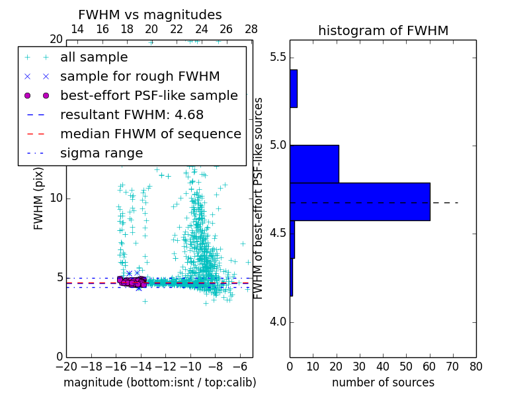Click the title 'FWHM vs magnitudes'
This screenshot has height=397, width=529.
150,15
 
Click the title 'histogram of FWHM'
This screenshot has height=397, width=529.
383,31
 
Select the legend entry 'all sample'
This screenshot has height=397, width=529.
94,58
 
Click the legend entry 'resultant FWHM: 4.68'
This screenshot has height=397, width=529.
132,115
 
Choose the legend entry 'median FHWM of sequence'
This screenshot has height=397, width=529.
150,134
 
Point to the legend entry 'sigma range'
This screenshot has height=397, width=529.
101,154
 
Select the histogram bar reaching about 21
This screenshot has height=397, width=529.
314,163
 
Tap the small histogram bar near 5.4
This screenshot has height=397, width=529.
294,88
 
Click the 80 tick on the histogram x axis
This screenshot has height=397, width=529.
475,366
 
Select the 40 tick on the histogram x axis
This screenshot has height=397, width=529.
383,366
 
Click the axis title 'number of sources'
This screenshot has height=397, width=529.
383,382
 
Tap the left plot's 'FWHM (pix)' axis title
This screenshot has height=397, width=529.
39,198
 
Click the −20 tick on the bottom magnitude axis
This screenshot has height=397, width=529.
66,366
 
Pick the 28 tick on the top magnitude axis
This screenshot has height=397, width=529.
251,29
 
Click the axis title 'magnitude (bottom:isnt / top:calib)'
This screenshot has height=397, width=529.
159,382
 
